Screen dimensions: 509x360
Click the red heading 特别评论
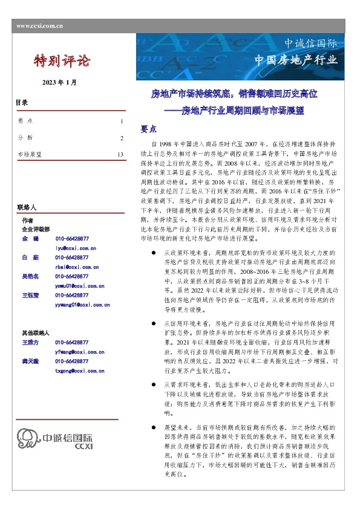pos(62,60)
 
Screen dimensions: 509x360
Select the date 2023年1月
pos(59,82)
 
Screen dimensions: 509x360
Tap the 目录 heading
pos(22,103)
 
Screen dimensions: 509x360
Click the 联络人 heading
pos(28,207)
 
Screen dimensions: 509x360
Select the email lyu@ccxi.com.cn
pos(76,248)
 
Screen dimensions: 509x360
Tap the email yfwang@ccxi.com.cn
pos(79,351)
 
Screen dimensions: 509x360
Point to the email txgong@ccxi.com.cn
pos(79,371)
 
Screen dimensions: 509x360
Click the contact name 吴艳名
pos(30,276)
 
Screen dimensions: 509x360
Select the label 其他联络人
pos(35,332)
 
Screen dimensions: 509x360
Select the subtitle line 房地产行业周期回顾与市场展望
pos(243,111)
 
